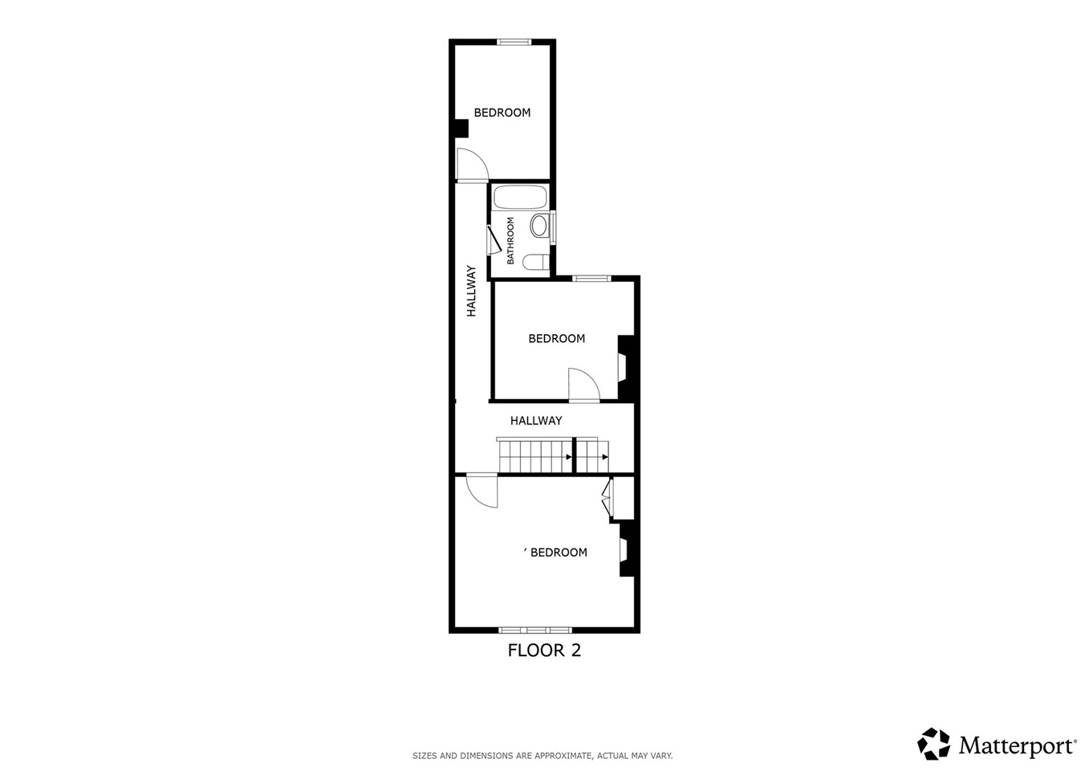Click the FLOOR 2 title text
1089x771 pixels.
[x=544, y=651]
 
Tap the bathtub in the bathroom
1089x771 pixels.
[x=520, y=198]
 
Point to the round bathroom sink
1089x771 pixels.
[x=539, y=226]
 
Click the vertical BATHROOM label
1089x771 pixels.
[x=510, y=240]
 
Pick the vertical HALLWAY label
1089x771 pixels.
[x=472, y=291]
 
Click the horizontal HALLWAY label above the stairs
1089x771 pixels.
[x=536, y=421]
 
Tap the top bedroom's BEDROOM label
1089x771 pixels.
[x=502, y=113]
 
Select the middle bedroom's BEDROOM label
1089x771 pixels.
[x=556, y=339]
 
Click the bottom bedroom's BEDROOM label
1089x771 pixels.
[x=559, y=553]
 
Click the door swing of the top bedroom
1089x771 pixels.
[x=471, y=165]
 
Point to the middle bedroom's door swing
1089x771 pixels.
[x=583, y=385]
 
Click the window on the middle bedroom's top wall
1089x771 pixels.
[x=591, y=279]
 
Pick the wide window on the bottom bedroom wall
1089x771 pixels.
[x=535, y=630]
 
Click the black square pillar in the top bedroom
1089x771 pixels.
[x=461, y=128]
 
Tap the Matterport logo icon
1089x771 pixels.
[x=934, y=744]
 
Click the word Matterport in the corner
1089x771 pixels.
[x=1017, y=746]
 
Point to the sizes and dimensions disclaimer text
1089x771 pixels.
[x=542, y=756]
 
